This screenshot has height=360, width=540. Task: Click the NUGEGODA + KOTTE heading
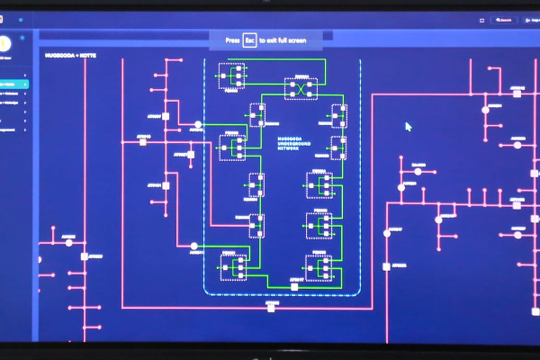pyautogui.click(x=70, y=55)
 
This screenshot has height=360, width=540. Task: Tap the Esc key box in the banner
pyautogui.click(x=250, y=40)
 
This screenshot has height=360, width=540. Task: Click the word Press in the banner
pyautogui.click(x=233, y=40)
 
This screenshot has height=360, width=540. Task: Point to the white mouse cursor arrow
pyautogui.click(x=408, y=126)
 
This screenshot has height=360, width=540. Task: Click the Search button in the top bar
pyautogui.click(x=503, y=19)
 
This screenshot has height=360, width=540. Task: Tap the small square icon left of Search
pyautogui.click(x=482, y=19)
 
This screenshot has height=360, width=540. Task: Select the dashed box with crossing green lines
pyautogui.click(x=301, y=88)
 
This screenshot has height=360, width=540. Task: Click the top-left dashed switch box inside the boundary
pyautogui.click(x=232, y=76)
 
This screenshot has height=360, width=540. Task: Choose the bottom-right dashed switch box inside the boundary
pyautogui.click(x=319, y=267)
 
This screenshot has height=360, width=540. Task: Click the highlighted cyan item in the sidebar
pyautogui.click(x=13, y=85)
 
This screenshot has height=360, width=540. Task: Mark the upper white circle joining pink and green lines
pyautogui.click(x=198, y=124)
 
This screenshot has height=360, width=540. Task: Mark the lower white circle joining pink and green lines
pyautogui.click(x=193, y=246)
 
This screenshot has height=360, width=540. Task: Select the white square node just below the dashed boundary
pyautogui.click(x=270, y=309)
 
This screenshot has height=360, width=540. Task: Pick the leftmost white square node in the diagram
pyautogui.click(x=85, y=256)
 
